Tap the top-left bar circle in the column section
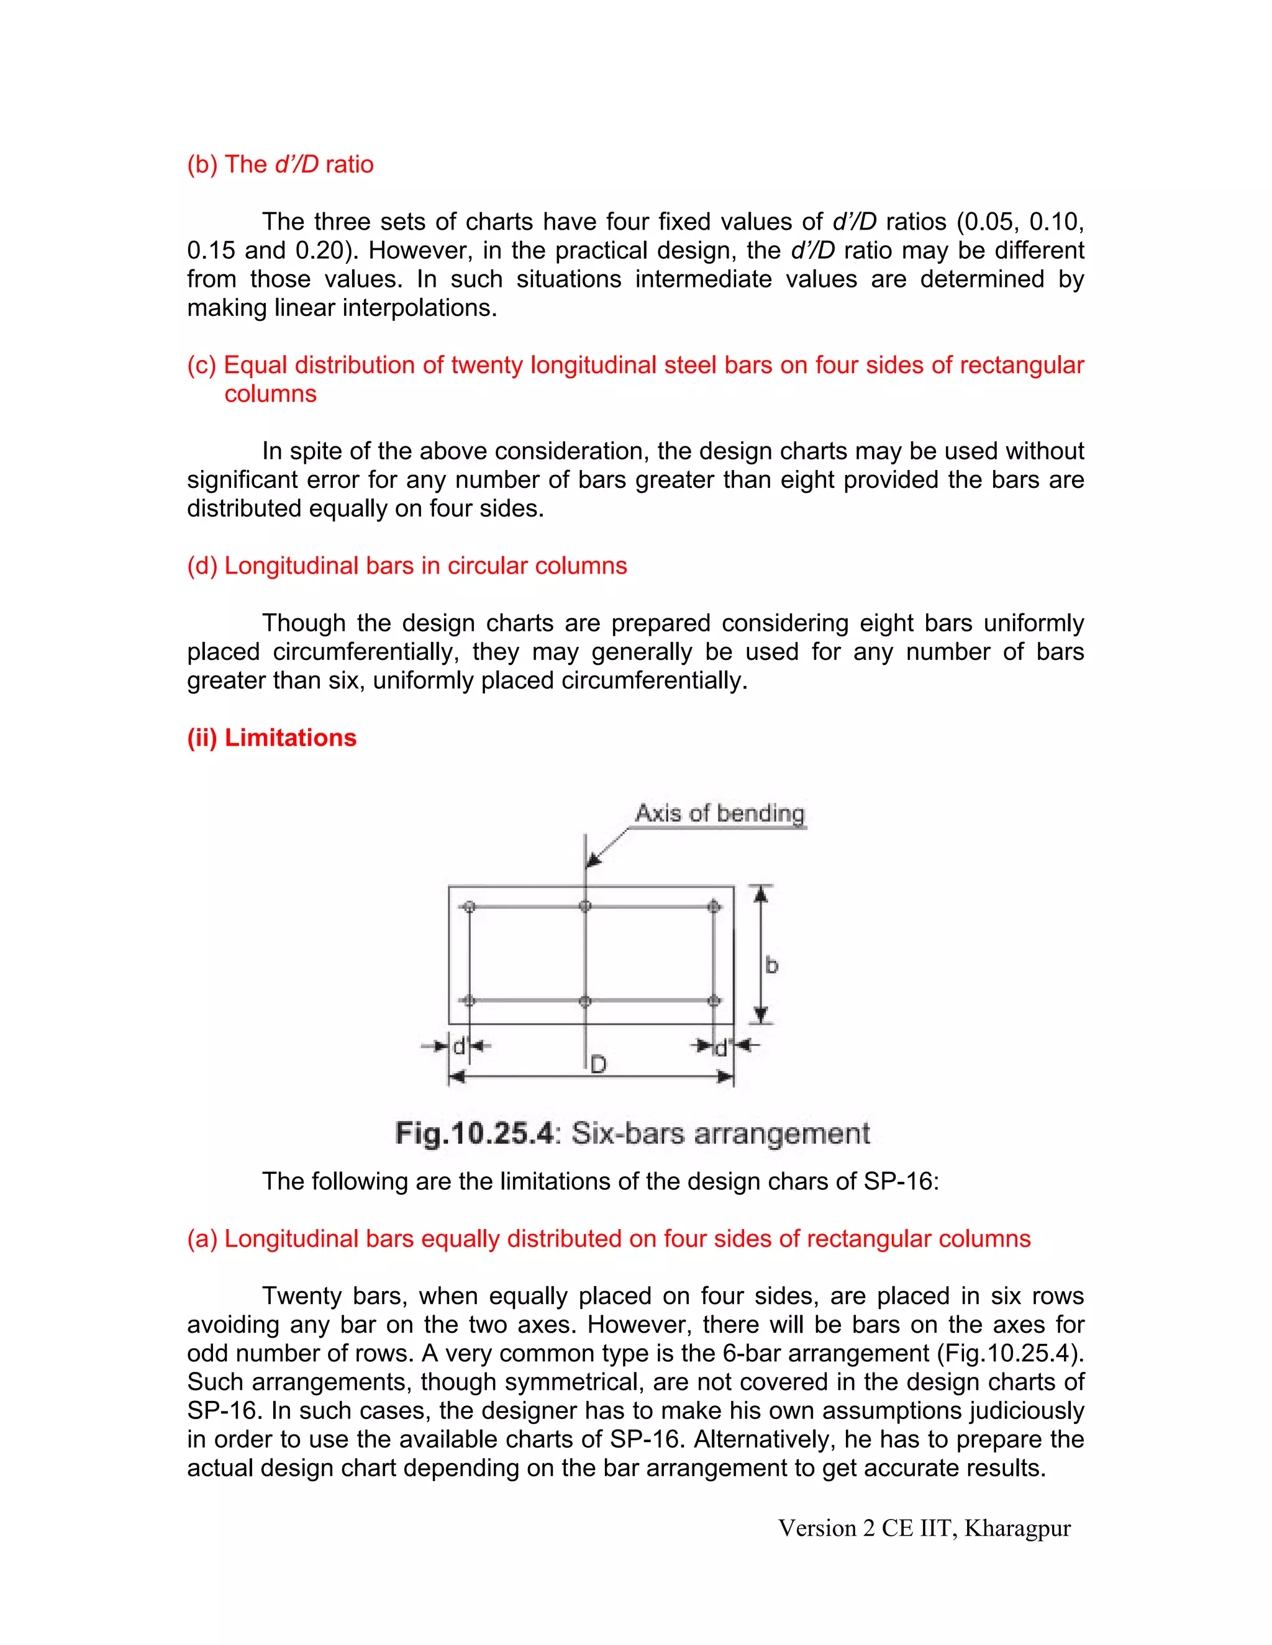pos(470,906)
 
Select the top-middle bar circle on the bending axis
pos(586,906)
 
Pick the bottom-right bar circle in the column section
pos(714,1001)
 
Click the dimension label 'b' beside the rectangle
pos(771,966)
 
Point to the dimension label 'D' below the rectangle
pos(598,1064)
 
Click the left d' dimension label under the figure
pos(460,1046)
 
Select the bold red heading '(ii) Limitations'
pos(271,737)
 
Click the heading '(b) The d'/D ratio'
pos(280,164)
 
